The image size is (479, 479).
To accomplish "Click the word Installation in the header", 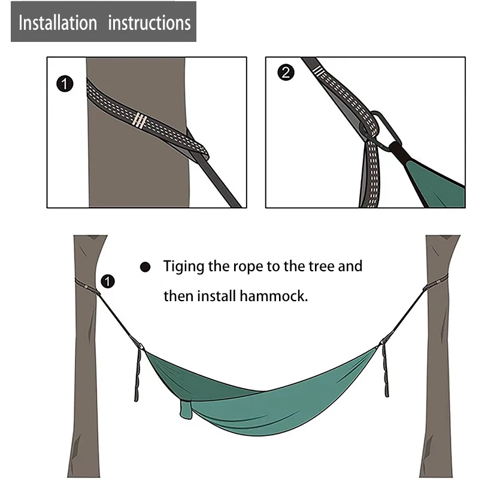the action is (57, 23).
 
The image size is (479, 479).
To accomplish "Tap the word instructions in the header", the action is (149, 23).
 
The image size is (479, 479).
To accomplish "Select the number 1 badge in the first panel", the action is (65, 84).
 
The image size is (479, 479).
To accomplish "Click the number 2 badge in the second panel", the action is (286, 72).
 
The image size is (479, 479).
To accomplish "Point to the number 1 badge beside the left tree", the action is (108, 281).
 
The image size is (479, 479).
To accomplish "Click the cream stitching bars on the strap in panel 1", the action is (140, 120).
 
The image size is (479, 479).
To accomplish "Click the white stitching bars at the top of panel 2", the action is (318, 71).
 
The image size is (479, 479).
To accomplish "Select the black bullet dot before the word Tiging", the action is (145, 267).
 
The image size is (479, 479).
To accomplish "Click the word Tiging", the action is (183, 266).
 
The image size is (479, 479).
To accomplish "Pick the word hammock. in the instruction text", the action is (274, 296).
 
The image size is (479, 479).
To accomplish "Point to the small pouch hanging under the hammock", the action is (186, 410).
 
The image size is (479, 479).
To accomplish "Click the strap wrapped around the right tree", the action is (436, 282).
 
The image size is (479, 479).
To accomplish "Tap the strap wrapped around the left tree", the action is (87, 287).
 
